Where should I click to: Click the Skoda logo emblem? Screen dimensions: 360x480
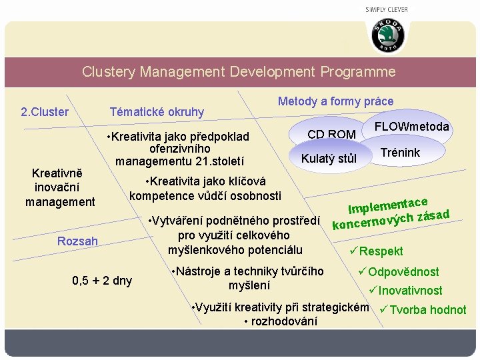pyautogui.click(x=387, y=35)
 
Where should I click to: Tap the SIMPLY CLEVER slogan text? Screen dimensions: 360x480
pyautogui.click(x=387, y=9)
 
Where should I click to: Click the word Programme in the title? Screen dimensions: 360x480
pyautogui.click(x=358, y=72)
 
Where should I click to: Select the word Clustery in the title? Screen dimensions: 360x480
pyautogui.click(x=109, y=72)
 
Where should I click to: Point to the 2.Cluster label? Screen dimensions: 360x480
pyautogui.click(x=45, y=111)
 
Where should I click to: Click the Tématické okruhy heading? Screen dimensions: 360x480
pyautogui.click(x=157, y=111)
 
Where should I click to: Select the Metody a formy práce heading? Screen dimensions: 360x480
pyautogui.click(x=335, y=101)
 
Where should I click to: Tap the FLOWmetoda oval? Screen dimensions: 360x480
pyautogui.click(x=412, y=127)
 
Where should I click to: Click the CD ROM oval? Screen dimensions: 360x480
pyautogui.click(x=331, y=134)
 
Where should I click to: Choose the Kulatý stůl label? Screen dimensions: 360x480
pyautogui.click(x=329, y=159)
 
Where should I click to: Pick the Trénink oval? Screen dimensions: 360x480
pyautogui.click(x=400, y=153)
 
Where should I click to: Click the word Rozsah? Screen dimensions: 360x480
pyautogui.click(x=77, y=241)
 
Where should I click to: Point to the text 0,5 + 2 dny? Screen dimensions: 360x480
pyautogui.click(x=102, y=280)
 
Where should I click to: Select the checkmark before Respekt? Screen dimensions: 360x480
pyautogui.click(x=353, y=251)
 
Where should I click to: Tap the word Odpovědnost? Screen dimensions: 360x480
pyautogui.click(x=403, y=272)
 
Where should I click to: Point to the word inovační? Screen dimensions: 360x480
pyautogui.click(x=59, y=187)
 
